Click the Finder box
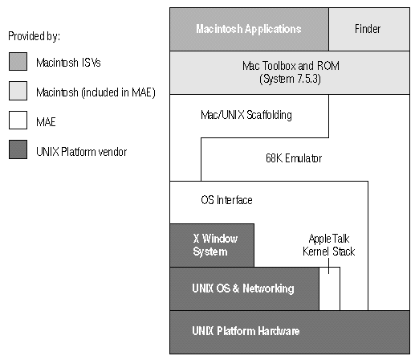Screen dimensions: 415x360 (369, 29)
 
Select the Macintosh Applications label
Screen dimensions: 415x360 (249, 29)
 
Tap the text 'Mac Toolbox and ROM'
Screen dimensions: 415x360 (291, 66)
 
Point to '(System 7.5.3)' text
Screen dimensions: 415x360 (290, 79)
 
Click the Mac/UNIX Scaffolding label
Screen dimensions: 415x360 (246, 115)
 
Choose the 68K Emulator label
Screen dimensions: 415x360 (294, 158)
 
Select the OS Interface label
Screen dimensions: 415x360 (226, 200)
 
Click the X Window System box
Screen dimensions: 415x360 (212, 245)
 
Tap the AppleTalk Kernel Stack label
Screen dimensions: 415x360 (328, 245)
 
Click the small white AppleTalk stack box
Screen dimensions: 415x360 (329, 288)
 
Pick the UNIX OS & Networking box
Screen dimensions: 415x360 (244, 288)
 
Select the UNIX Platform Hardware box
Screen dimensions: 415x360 (290, 332)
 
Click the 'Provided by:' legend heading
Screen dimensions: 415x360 (34, 36)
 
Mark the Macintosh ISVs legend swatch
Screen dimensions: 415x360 (18, 62)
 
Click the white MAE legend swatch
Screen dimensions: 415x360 (18, 121)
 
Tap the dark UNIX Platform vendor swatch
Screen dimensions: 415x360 (18, 149)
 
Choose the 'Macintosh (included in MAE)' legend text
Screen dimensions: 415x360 (96, 92)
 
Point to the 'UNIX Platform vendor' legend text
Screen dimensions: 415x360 (81, 152)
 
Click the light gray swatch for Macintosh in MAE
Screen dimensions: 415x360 (18, 91)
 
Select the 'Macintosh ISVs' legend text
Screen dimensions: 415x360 (68, 63)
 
